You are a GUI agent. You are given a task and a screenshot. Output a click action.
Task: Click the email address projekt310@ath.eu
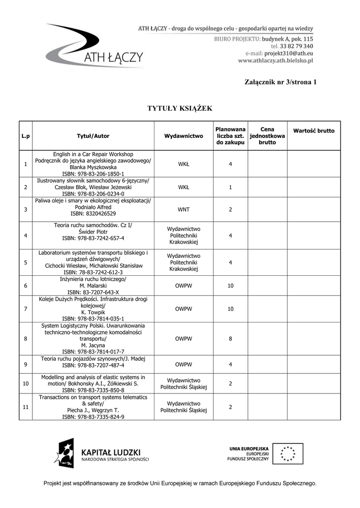(x=288, y=53)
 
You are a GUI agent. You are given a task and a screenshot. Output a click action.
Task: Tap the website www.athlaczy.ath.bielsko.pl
(x=276, y=61)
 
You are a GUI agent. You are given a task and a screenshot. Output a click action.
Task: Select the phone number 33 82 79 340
(x=296, y=46)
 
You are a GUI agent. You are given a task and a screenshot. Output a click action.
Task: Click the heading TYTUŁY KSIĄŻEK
(x=180, y=108)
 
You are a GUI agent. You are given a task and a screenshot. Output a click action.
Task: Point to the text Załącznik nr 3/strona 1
(x=280, y=82)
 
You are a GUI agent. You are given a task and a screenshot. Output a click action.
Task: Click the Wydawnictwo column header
(x=183, y=136)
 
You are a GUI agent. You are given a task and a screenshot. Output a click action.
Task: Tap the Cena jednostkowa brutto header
(x=267, y=136)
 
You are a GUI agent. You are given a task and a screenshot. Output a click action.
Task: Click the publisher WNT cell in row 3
(x=183, y=210)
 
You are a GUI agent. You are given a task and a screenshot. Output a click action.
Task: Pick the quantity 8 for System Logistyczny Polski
(x=230, y=339)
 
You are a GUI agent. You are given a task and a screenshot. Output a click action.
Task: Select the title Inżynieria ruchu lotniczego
(x=92, y=279)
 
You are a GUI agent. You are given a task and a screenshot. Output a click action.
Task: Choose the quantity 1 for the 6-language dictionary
(x=230, y=188)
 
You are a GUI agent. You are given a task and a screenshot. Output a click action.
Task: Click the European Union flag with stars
(x=288, y=453)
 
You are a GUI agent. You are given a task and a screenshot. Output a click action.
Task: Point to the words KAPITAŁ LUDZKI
(x=111, y=452)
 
